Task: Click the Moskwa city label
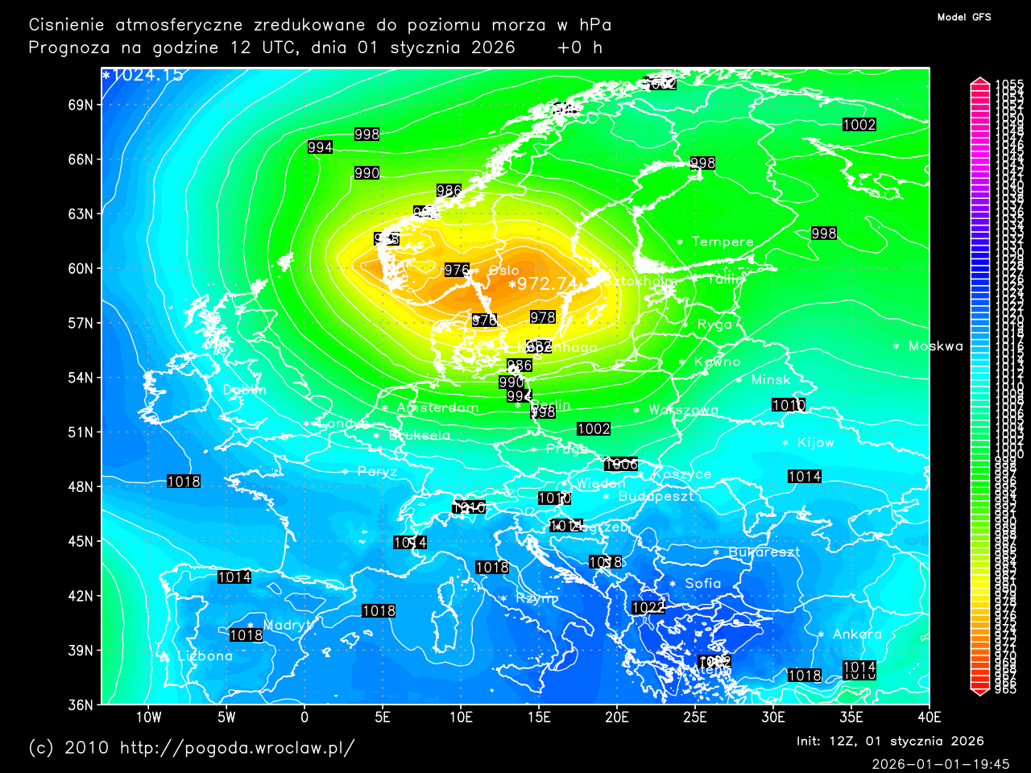[935, 346]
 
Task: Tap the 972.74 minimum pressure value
[548, 283]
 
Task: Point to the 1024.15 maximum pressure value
[147, 76]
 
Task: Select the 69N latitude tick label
[81, 105]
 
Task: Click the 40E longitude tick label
[930, 717]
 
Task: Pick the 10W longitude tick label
[148, 717]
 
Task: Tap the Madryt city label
[287, 626]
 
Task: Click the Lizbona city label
[205, 656]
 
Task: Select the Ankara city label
[857, 635]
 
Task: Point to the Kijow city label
[815, 443]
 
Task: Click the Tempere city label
[723, 242]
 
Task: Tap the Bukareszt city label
[764, 552]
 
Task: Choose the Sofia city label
[702, 584]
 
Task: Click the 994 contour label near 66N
[321, 147]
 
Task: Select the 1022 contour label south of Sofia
[648, 608]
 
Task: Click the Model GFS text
[964, 17]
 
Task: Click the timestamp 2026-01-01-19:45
[941, 764]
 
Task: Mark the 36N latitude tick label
[81, 705]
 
